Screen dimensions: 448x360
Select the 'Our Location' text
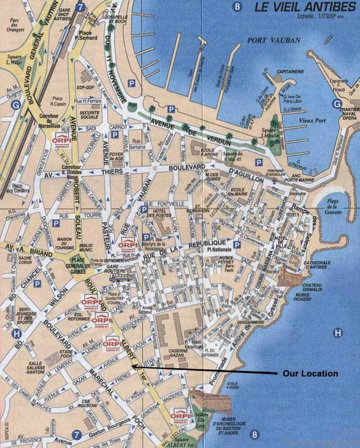click(310, 374)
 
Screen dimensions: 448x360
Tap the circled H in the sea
click(337, 333)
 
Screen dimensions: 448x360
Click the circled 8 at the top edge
click(237, 7)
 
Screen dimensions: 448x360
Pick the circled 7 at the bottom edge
click(77, 435)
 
